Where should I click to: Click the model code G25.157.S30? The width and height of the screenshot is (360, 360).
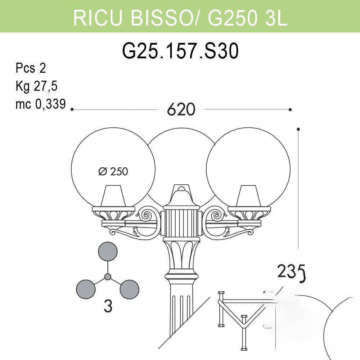click(180, 51)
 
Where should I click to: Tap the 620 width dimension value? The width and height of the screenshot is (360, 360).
click(181, 109)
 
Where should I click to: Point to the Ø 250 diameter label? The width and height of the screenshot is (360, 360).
click(113, 171)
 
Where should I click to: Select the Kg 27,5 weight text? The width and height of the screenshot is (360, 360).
click(36, 86)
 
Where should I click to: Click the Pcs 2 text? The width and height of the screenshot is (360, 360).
click(31, 68)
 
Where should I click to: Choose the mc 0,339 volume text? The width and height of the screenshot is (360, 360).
click(41, 104)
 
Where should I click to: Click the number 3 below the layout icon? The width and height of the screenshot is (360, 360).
click(108, 306)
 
